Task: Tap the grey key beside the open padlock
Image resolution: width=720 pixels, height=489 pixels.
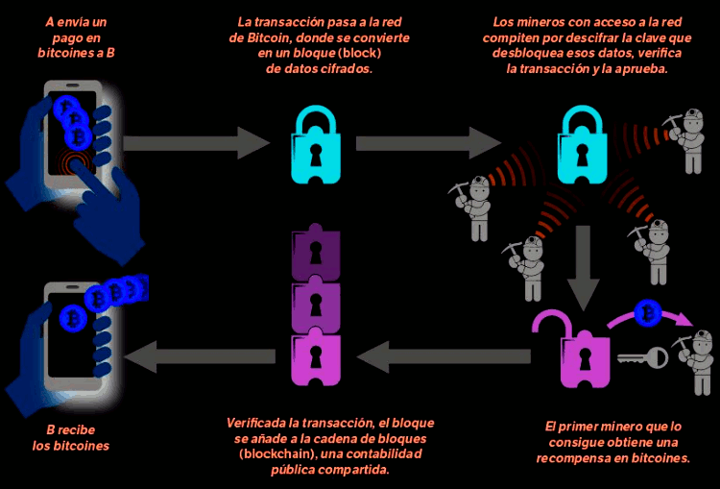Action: tap(643, 357)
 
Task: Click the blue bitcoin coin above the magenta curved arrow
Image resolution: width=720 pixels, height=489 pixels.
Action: tap(650, 312)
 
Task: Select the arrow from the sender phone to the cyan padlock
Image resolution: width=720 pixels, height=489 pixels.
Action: tap(198, 144)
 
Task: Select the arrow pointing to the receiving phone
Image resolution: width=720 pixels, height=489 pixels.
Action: tap(197, 357)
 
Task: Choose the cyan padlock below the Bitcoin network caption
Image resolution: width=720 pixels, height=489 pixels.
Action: tap(314, 144)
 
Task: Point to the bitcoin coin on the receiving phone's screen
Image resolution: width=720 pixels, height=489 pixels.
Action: tap(70, 318)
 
